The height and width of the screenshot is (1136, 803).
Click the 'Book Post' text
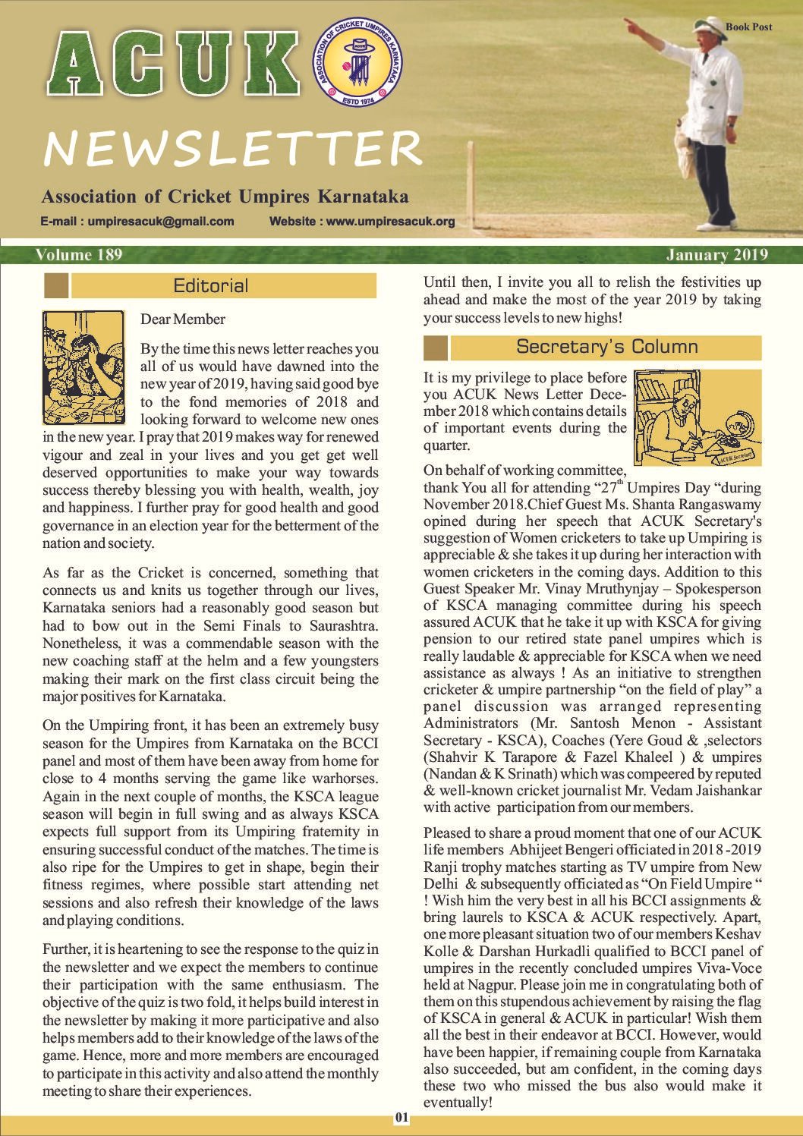748,27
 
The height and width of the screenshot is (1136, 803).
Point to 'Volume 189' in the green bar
78,255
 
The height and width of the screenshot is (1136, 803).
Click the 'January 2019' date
717,255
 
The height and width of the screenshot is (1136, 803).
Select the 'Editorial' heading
211,286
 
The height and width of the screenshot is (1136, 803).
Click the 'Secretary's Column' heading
606,347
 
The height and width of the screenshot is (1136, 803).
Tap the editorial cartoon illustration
83,367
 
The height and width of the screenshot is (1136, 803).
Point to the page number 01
401,1118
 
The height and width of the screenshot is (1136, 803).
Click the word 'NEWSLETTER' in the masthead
231,149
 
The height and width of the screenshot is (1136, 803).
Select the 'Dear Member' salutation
182,319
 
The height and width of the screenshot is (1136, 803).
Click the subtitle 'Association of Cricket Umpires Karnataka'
225,197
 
